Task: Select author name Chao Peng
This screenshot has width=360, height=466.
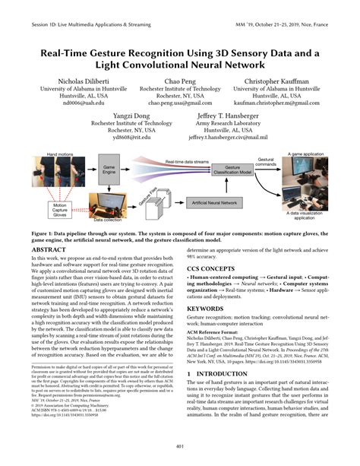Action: point(179,80)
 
